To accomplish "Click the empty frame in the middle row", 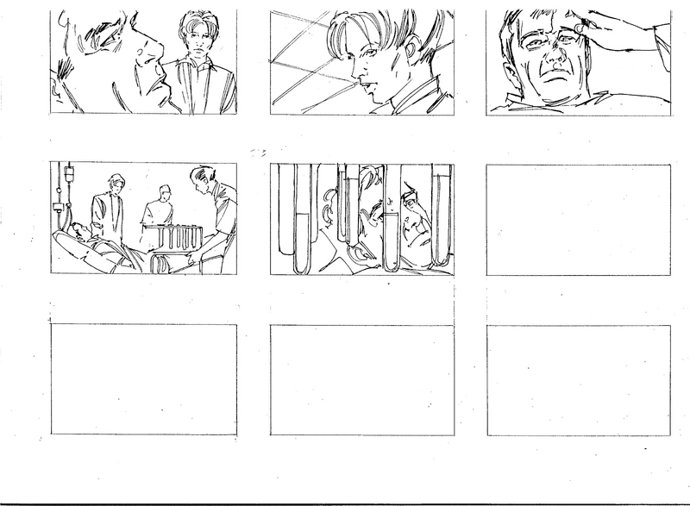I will coord(578,219).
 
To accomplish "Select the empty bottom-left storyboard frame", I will coord(143,379).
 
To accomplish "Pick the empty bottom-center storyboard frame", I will coord(361,379).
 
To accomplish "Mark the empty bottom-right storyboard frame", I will coord(578,379).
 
